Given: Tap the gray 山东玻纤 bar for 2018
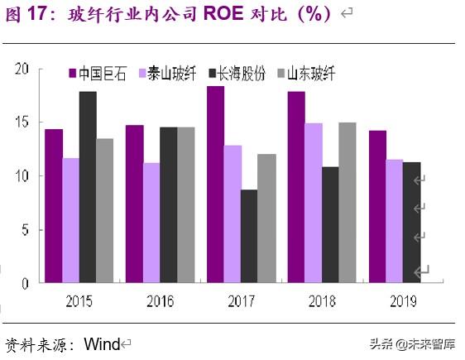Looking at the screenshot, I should pyautogui.click(x=347, y=203).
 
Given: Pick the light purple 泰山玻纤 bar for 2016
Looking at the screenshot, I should pyautogui.click(x=151, y=223).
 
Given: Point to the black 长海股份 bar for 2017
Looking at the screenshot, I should pyautogui.click(x=248, y=237).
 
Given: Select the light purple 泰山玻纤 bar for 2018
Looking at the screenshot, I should pyautogui.click(x=313, y=203).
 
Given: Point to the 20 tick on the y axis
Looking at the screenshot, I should pyautogui.click(x=22, y=69).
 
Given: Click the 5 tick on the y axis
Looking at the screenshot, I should pyautogui.click(x=26, y=230).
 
